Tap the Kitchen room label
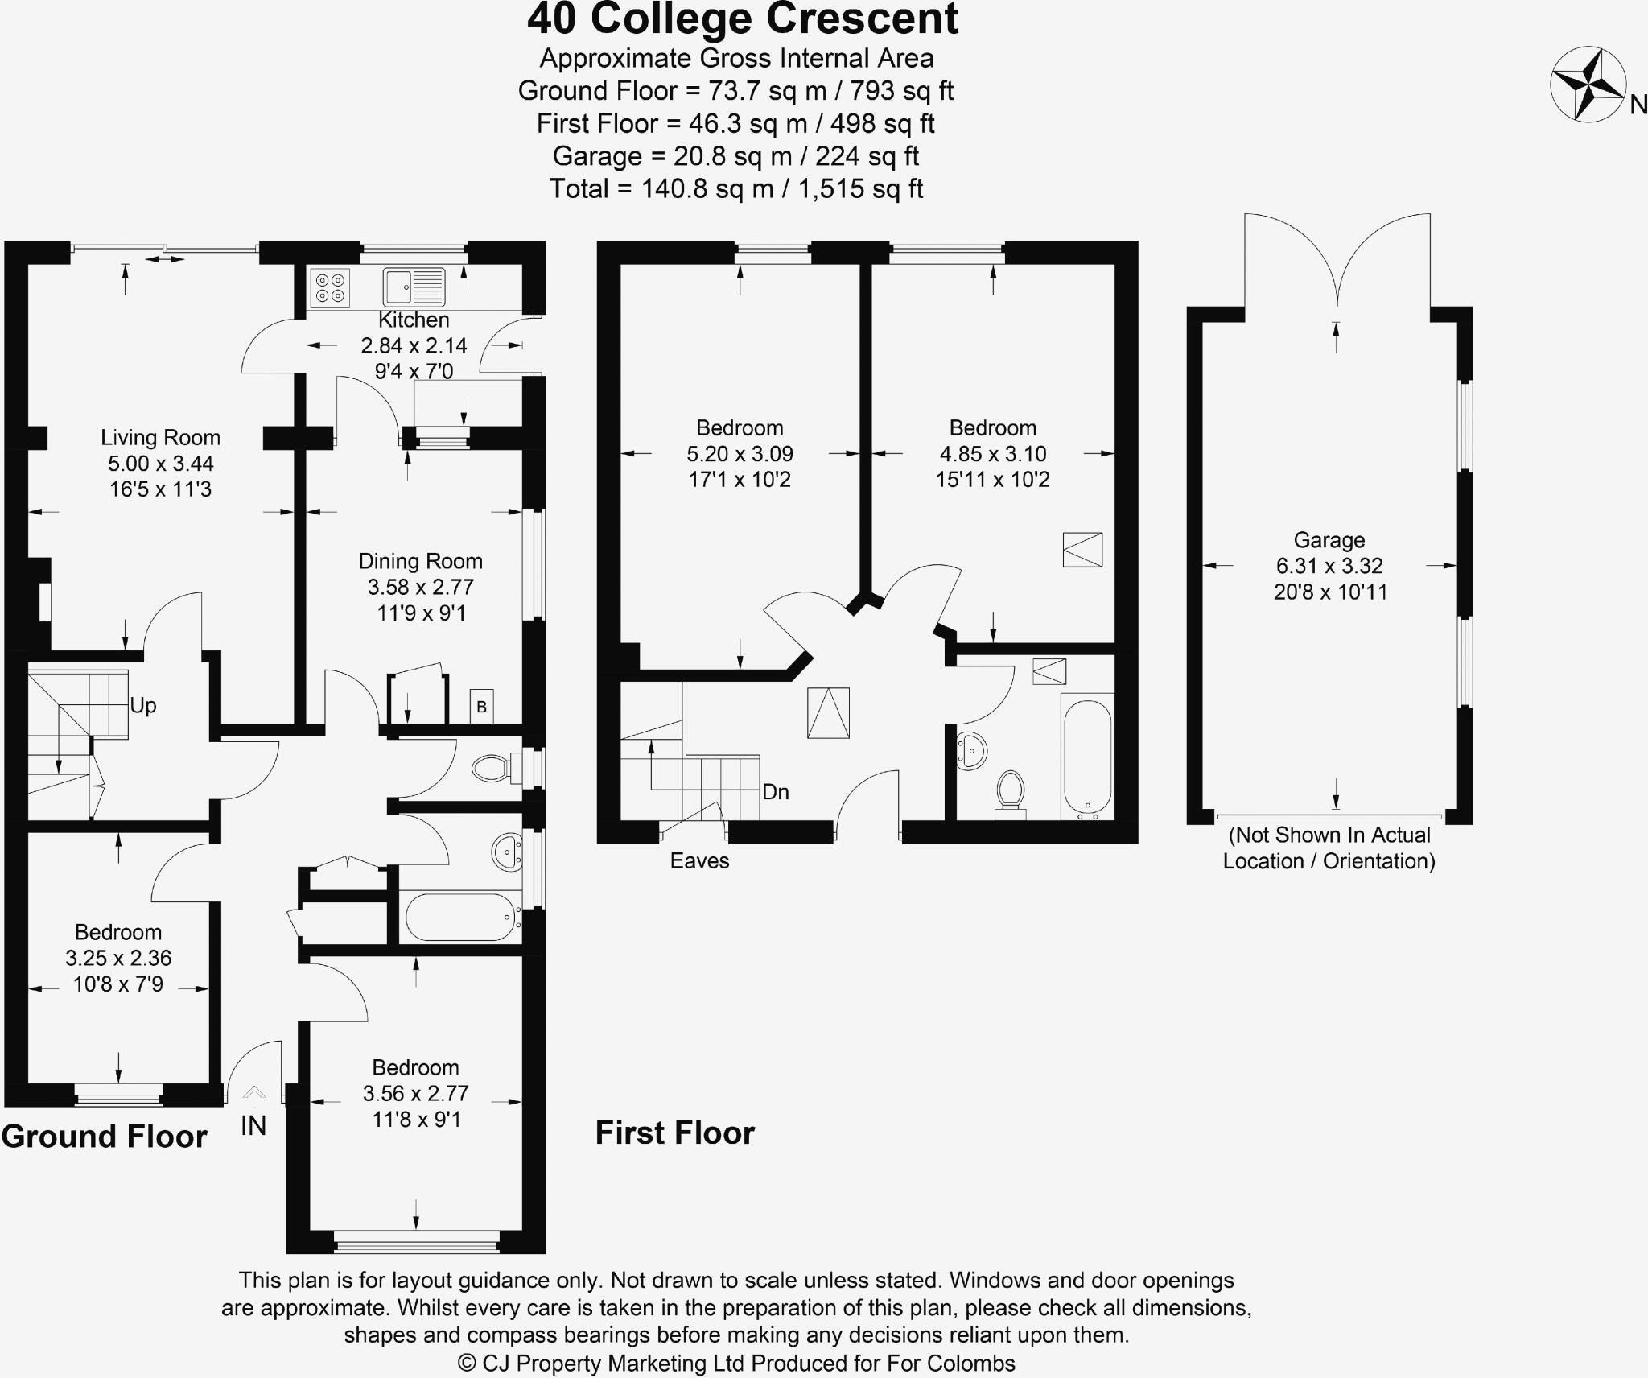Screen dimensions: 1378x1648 tap(414, 320)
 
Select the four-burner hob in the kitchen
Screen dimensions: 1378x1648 tap(330, 288)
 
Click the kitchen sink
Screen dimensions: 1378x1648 tap(414, 287)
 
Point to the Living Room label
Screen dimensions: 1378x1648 tap(160, 438)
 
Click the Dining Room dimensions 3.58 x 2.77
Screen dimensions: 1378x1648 tap(421, 587)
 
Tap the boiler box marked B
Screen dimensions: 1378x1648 tap(481, 707)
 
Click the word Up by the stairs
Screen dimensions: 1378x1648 tap(143, 706)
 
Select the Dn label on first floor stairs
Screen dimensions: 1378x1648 tap(775, 792)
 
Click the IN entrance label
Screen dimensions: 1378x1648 tap(253, 1126)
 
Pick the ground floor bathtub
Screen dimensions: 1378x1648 tap(460, 917)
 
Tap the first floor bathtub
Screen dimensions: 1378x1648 tap(1087, 757)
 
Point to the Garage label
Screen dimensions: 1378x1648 tap(1329, 540)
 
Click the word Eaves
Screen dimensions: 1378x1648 tap(699, 861)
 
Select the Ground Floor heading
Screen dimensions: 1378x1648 tap(105, 1137)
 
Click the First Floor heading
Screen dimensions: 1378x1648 tap(675, 1133)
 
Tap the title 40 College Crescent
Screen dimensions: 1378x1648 tap(742, 19)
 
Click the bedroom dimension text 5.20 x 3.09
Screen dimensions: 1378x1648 tap(740, 454)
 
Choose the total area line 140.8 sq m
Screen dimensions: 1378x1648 tap(735, 189)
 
